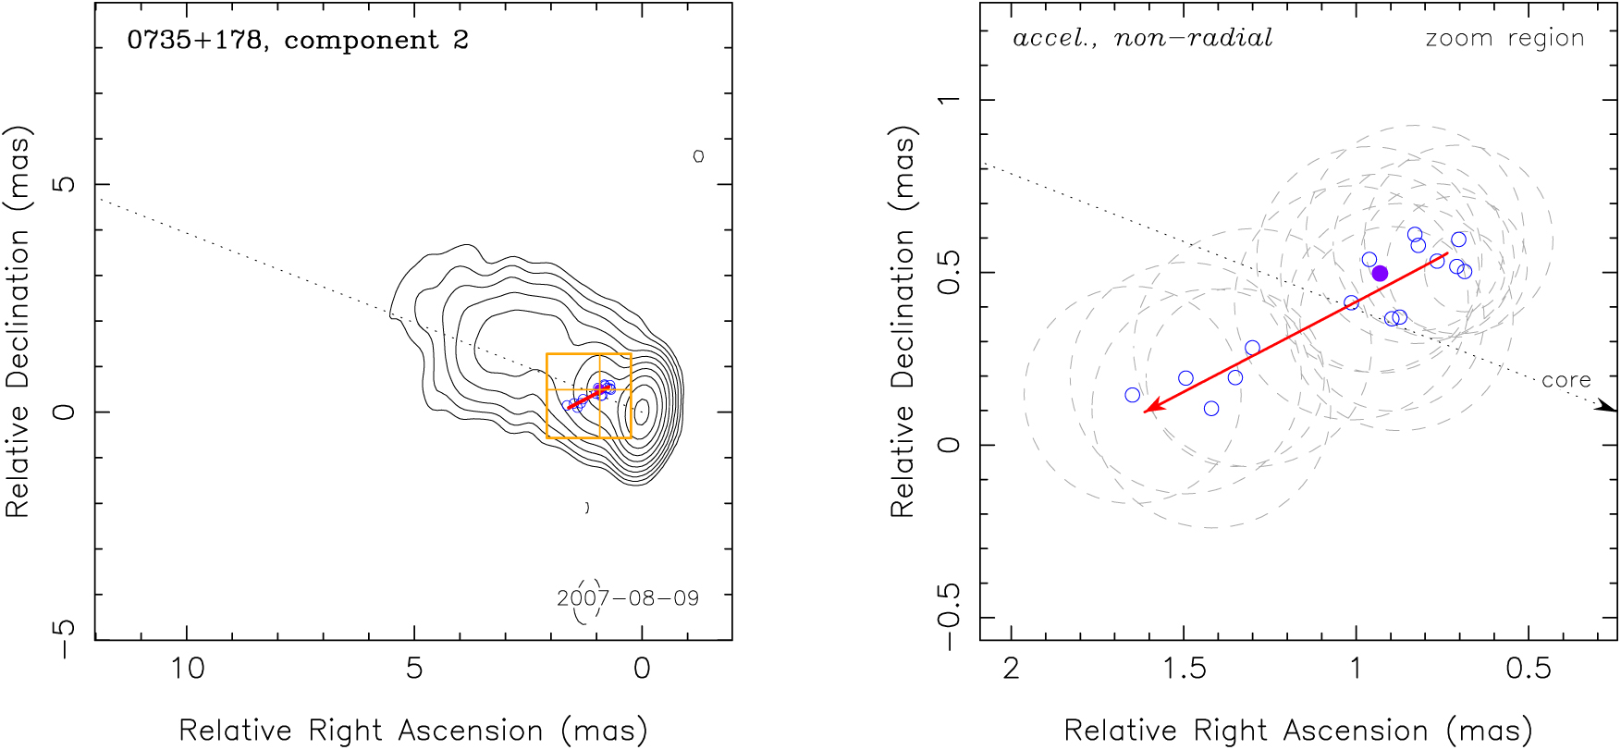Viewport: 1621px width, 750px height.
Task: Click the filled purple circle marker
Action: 1380,273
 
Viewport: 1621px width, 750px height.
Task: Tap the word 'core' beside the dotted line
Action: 1566,380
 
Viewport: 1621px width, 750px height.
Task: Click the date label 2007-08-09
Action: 628,598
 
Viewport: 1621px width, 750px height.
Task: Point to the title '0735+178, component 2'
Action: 298,41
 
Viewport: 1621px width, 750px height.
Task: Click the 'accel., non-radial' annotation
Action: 1142,38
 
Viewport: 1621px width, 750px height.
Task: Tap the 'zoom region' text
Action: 1504,38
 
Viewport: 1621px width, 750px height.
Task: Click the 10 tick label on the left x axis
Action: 188,668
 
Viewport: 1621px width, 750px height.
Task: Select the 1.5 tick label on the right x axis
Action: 1184,668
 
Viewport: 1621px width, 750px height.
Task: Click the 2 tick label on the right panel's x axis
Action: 1012,668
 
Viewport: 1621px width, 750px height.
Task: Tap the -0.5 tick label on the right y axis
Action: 949,617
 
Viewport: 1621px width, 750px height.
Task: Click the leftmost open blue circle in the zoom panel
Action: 1133,395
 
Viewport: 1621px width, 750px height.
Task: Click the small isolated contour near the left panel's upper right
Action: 698,156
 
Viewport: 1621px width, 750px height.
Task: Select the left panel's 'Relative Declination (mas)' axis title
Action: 18,321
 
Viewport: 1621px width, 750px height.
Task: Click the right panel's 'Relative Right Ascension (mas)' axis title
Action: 1298,731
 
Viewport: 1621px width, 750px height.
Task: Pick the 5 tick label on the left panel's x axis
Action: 414,668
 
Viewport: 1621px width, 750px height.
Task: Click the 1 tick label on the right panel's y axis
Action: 949,99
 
